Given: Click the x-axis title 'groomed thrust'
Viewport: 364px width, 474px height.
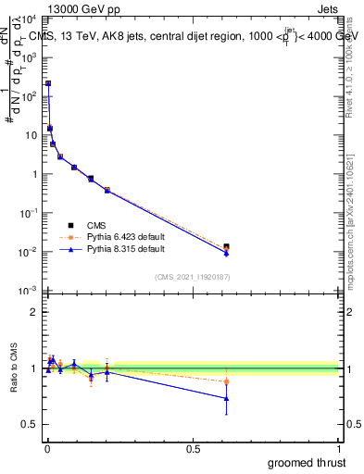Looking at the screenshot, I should point(308,461).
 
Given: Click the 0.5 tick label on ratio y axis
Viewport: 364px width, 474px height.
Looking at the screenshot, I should point(30,424).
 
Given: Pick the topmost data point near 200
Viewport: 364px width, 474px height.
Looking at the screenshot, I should point(48,83).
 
